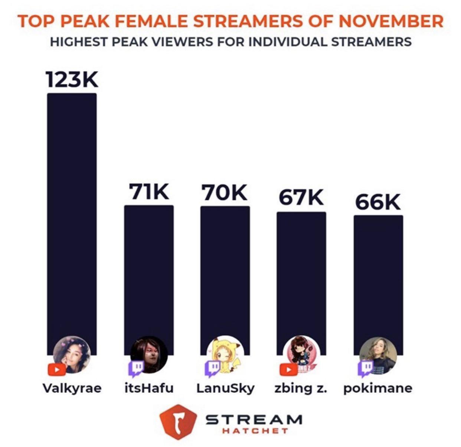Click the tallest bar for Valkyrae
coord(72,216)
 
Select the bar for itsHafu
coord(148,271)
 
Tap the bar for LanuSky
coord(225,271)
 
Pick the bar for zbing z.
coord(301,275)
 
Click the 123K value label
coord(72,79)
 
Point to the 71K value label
coord(149,192)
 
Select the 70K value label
coord(225,192)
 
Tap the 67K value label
coord(301,198)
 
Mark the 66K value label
coord(378,202)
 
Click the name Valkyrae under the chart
coord(72,388)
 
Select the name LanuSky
coord(225,388)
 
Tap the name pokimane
coord(377,388)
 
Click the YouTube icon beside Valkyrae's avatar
coord(57,369)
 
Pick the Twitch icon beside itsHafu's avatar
coord(136,368)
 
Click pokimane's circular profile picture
coord(378,355)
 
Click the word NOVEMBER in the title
coord(391,21)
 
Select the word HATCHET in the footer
coord(255,431)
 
